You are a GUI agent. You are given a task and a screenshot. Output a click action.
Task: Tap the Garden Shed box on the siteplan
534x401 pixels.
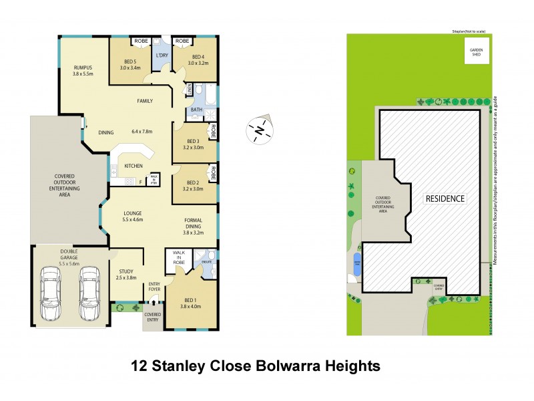click(477, 52)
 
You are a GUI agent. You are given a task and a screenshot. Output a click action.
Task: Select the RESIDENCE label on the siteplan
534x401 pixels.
click(444, 198)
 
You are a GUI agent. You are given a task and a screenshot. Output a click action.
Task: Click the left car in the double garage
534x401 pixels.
click(50, 294)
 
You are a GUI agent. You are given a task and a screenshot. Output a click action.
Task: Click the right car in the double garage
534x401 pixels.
click(89, 294)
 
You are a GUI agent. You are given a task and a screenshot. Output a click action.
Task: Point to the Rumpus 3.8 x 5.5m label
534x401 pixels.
click(83, 70)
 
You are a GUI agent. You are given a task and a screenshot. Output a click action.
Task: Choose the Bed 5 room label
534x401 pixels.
click(130, 64)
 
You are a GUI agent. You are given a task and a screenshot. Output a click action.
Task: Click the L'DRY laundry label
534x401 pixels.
click(162, 55)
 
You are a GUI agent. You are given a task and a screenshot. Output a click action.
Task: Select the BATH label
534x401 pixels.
click(196, 109)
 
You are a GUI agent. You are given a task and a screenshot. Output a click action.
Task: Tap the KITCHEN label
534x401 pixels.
click(134, 165)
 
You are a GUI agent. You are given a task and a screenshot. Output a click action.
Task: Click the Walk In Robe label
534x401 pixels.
click(179, 258)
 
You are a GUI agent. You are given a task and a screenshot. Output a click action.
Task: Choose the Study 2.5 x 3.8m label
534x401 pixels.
click(126, 274)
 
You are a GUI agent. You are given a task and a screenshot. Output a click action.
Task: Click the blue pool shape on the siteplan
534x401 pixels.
click(357, 263)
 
